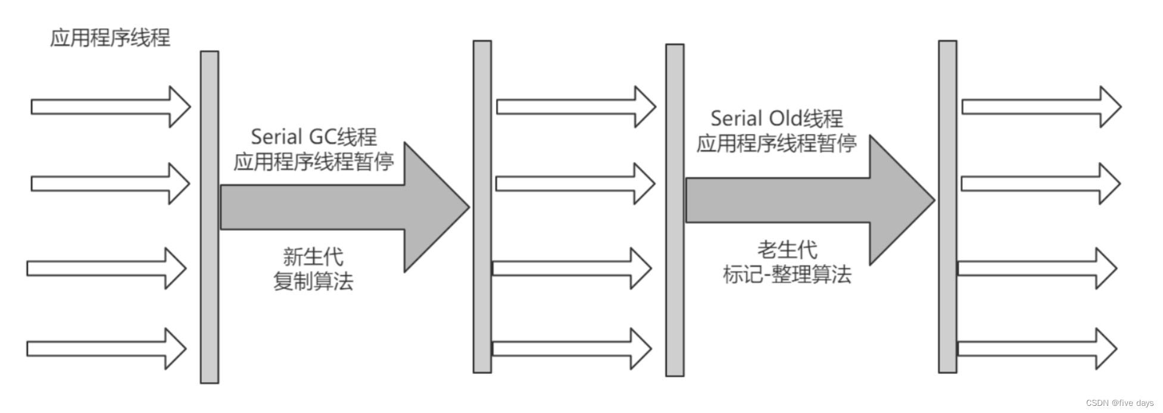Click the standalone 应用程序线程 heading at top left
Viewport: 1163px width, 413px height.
pos(110,37)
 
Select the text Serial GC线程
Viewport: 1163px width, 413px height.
pos(314,137)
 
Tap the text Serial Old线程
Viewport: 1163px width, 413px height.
pos(777,118)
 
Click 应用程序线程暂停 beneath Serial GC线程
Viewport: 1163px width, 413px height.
pos(314,161)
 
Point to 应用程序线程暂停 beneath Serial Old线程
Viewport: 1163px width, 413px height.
pos(777,143)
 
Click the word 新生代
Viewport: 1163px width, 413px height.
pos(313,256)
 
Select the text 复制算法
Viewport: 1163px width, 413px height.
pos(313,281)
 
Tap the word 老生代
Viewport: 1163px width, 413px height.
pos(787,249)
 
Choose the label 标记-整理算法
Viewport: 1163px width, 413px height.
pos(787,274)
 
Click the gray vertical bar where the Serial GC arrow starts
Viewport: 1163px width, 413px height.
pos(209,217)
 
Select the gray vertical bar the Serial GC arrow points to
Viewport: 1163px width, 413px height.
pos(482,207)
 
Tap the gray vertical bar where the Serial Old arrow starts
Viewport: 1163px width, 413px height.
pos(675,210)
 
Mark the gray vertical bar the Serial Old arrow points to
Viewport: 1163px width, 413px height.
pos(947,207)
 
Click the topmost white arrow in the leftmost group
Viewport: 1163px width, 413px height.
pos(110,107)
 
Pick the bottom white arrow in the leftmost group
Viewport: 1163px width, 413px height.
pos(106,349)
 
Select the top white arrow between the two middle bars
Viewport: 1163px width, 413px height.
pos(576,107)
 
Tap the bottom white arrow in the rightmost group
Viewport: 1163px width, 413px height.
pos(1036,349)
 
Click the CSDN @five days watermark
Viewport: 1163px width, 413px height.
pos(1120,403)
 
